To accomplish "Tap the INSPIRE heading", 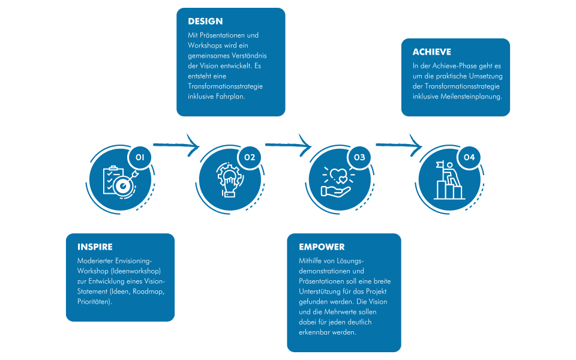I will (95, 247).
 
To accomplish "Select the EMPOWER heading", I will (322, 247).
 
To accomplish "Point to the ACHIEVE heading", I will (431, 52).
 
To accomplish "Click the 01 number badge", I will (140, 157).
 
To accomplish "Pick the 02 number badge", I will (250, 157).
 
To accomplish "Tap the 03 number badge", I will (359, 157).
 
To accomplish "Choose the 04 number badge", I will (469, 157).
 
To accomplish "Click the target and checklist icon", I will (119, 180).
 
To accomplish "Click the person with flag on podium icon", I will (448, 180).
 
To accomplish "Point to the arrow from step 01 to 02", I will (176, 144).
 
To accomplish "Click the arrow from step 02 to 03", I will (288, 145).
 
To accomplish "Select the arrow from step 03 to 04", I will (398, 144).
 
